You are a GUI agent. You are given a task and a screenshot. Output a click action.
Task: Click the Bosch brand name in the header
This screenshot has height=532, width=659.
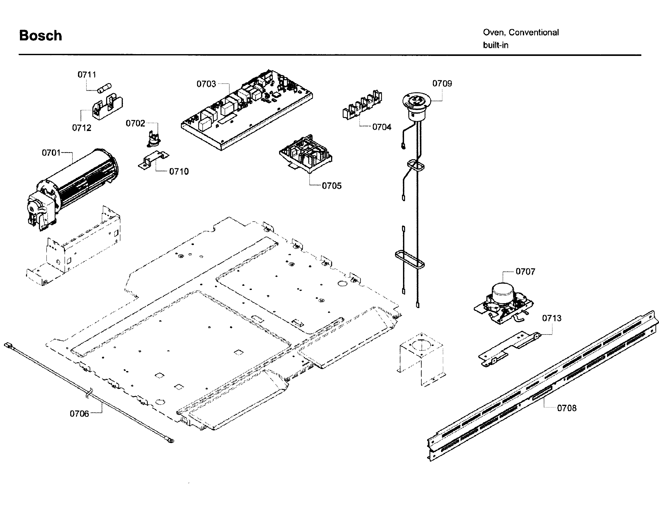[x=40, y=35]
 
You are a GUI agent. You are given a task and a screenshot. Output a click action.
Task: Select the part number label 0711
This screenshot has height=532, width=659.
[x=87, y=75]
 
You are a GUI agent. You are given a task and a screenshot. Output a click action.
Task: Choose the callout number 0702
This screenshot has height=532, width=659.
[x=135, y=123]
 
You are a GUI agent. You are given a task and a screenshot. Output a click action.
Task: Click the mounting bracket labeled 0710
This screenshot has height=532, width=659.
[x=153, y=160]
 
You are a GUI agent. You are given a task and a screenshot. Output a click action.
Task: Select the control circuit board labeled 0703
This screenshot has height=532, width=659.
[x=247, y=110]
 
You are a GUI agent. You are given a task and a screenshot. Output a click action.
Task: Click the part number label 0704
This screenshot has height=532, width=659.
[x=382, y=127]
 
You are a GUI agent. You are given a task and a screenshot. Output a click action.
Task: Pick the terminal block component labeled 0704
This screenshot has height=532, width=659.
[x=362, y=105]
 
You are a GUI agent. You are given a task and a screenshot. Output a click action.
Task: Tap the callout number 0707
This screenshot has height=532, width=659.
[x=525, y=272]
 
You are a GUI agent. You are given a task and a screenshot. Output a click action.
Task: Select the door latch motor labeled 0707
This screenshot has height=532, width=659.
[x=504, y=303]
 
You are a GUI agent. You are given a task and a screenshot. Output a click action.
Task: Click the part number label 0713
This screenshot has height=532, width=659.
[x=552, y=318]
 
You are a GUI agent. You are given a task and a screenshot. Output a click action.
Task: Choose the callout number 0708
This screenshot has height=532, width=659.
[x=567, y=408]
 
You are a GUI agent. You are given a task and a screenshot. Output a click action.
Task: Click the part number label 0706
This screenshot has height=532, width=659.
[x=79, y=414]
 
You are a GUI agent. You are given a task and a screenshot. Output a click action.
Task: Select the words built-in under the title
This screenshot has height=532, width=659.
[x=496, y=45]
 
